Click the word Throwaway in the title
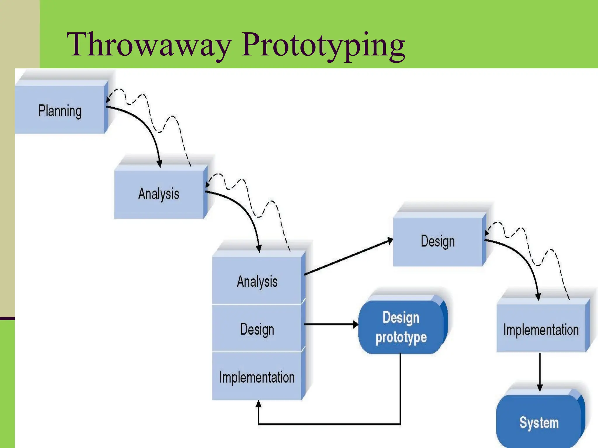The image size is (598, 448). click(149, 44)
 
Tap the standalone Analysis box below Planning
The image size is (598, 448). click(159, 194)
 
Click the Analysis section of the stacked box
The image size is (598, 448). click(257, 281)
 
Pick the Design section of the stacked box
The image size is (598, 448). click(257, 329)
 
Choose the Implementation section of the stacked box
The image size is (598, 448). click(257, 377)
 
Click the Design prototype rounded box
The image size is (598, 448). click(401, 327)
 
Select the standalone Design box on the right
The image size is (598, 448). click(437, 241)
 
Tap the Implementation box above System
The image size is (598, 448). click(541, 330)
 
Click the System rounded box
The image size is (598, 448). click(539, 422)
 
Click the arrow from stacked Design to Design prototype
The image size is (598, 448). click(330, 324)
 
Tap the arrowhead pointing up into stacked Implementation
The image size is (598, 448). click(258, 404)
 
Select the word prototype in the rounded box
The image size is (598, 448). click(401, 337)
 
